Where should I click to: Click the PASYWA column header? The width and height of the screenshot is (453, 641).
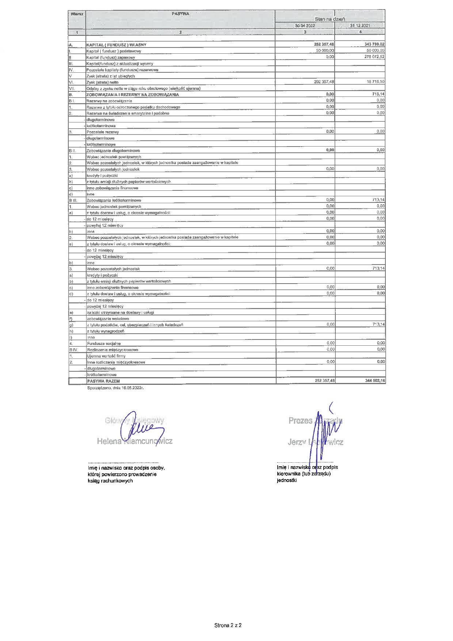[x=180, y=14]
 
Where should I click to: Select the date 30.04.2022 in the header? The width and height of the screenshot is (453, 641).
[x=305, y=26]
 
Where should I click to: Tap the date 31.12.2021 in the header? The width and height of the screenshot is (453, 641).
[x=360, y=26]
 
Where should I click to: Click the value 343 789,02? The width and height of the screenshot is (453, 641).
[x=372, y=44]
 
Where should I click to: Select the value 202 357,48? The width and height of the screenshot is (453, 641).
[x=324, y=81]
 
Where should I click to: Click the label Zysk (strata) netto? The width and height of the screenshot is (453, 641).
[x=102, y=82]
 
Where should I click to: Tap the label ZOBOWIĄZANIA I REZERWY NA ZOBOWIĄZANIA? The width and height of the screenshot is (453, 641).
[x=133, y=95]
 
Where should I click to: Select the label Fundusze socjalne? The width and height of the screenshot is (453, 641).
[x=104, y=344]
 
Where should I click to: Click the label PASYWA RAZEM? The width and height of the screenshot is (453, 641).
[x=103, y=381]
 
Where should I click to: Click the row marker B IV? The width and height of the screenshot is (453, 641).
[x=73, y=350]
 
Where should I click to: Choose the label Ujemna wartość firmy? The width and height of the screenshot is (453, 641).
[x=106, y=356]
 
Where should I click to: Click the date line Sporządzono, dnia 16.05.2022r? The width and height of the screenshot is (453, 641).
[x=115, y=388]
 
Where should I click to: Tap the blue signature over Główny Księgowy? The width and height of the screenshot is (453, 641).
[x=141, y=427]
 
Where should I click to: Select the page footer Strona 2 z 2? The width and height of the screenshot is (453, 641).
[x=228, y=625]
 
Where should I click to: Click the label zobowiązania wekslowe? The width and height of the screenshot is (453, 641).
[x=108, y=319]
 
